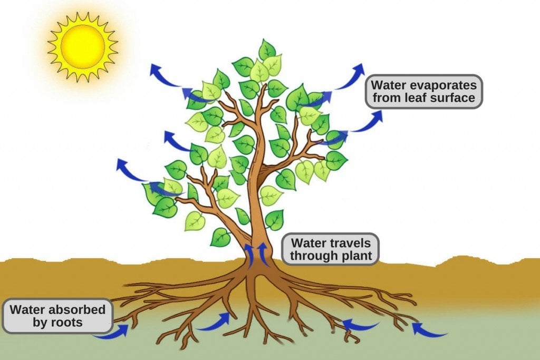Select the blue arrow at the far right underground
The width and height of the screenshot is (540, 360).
428,330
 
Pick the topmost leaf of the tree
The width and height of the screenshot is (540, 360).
267,50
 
